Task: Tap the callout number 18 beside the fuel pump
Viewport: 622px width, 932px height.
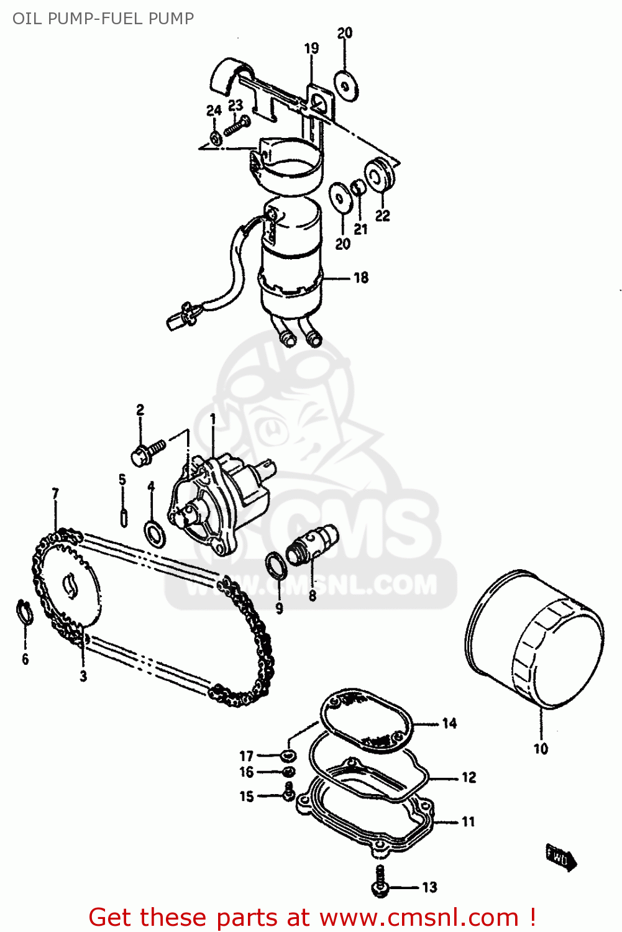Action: tap(361, 278)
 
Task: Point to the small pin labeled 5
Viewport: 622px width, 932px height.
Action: tap(124, 517)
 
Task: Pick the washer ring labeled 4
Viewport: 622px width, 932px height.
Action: tap(155, 533)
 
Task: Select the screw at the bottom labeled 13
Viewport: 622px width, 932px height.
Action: tap(380, 881)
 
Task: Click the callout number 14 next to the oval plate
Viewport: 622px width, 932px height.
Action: tap(449, 723)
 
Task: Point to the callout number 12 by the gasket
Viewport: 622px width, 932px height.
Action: tap(469, 777)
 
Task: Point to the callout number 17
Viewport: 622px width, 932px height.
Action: tap(247, 756)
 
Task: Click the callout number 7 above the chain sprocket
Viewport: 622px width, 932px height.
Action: tap(55, 493)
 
